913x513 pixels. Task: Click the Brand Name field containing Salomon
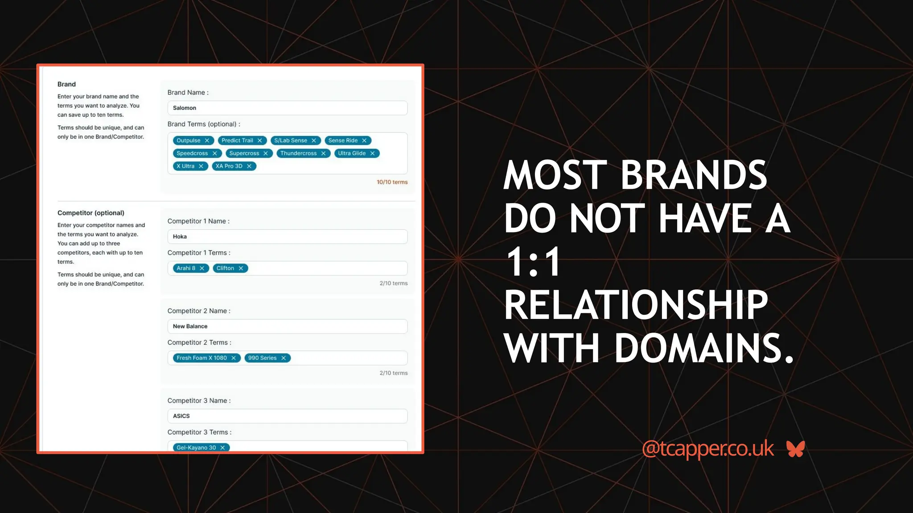click(287, 108)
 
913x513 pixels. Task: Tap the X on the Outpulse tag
click(207, 141)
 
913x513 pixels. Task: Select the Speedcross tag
click(192, 154)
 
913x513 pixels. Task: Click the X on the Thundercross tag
click(324, 154)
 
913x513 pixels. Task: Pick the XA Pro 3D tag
click(229, 167)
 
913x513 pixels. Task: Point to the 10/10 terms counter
click(392, 182)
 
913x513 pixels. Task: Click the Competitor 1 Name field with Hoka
click(287, 236)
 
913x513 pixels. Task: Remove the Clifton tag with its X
click(241, 269)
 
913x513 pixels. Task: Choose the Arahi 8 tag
click(186, 269)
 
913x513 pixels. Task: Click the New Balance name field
click(287, 326)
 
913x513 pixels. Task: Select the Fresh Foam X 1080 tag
click(202, 358)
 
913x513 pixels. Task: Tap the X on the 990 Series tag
click(284, 358)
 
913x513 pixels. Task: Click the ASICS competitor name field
click(287, 416)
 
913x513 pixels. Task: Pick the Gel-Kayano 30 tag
click(196, 448)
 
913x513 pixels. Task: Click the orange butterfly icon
click(796, 449)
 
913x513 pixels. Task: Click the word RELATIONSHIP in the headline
click(636, 305)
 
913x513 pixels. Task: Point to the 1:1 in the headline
click(533, 262)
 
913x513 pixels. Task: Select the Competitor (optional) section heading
click(91, 213)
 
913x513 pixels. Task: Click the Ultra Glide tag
click(352, 154)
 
